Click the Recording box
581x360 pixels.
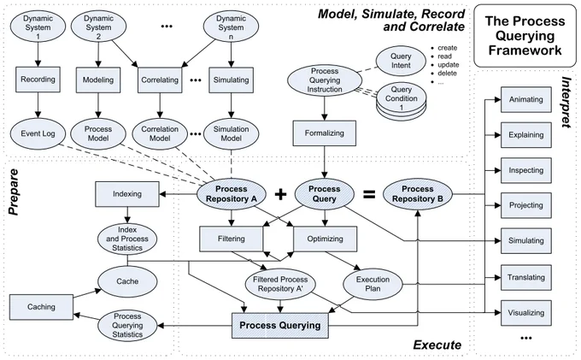(38, 80)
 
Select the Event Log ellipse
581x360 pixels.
(38, 133)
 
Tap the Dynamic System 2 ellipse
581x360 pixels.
(98, 27)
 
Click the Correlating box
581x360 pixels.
(160, 80)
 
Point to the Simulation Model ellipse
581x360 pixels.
(231, 133)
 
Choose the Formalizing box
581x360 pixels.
(324, 133)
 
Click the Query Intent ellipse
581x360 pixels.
(401, 61)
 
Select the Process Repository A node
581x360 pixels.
(232, 194)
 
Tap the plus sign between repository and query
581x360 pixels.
(280, 194)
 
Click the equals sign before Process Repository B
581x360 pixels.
(369, 194)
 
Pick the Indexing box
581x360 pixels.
(127, 194)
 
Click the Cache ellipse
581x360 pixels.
(127, 281)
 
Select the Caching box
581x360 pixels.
(41, 307)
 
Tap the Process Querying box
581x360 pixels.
(280, 326)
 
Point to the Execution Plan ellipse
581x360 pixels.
(373, 284)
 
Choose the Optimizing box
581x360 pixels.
(325, 239)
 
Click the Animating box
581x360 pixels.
(526, 99)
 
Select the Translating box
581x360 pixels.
(526, 277)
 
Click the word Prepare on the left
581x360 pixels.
(14, 192)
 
